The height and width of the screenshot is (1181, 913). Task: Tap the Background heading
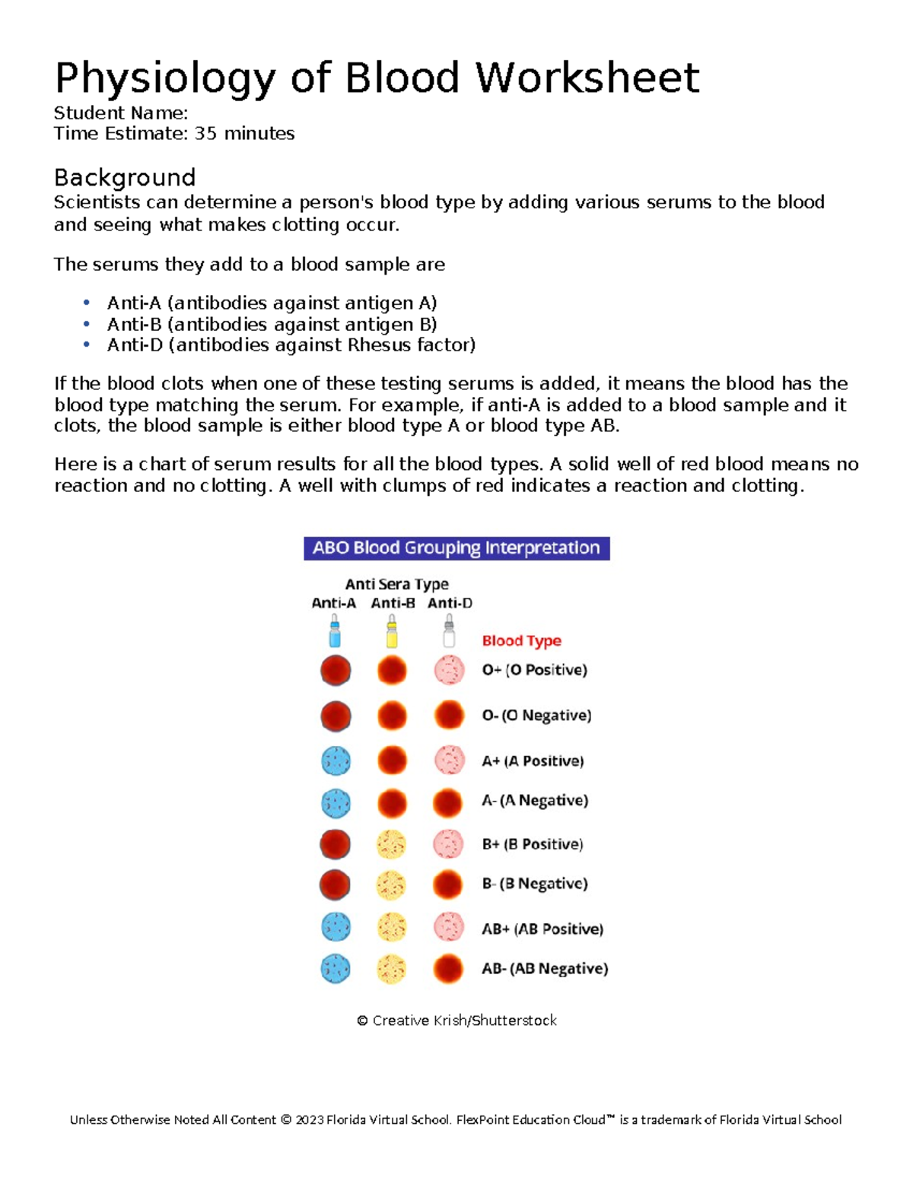coord(125,177)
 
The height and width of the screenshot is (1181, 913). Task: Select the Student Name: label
coord(120,113)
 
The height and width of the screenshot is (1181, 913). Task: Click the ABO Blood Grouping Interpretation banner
coord(456,548)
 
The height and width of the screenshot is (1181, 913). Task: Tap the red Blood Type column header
coord(521,641)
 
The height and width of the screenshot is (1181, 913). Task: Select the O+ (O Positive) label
coord(534,670)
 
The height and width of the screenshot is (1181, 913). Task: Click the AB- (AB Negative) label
coord(545,969)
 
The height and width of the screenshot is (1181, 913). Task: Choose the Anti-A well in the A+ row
coord(336,760)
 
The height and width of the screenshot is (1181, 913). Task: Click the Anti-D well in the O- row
coord(449,716)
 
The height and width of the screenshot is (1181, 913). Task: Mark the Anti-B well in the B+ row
coord(392,844)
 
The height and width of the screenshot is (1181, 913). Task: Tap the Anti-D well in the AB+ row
coord(449,928)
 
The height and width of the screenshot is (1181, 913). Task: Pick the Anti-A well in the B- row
coord(335,884)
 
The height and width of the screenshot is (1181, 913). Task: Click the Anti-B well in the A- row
coord(392,802)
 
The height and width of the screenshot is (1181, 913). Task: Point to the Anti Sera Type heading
coord(396,584)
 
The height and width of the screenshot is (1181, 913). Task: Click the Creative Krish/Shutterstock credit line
coord(456,1021)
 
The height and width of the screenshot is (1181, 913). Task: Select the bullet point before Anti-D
coord(87,345)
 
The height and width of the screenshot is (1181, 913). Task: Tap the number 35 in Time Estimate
coord(205,134)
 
